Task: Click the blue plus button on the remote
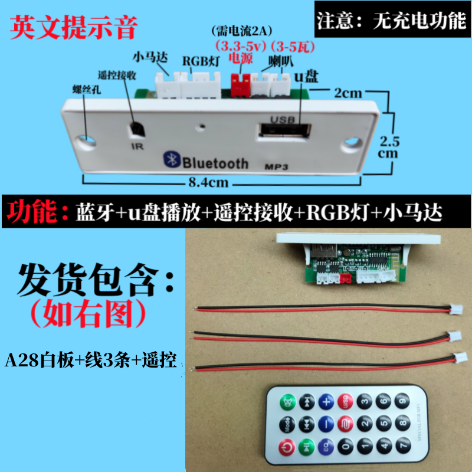(326, 402)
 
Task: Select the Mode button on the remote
(287, 425)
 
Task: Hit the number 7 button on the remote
(403, 444)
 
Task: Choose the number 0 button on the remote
(346, 446)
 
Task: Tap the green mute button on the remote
(288, 402)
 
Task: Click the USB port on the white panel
(284, 130)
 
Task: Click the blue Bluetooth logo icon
(172, 159)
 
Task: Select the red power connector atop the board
(241, 85)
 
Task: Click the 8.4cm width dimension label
(208, 182)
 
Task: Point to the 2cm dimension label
(348, 93)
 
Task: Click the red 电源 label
(241, 58)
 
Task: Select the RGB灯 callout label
(201, 61)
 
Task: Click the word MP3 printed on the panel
(276, 166)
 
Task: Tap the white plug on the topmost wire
(455, 309)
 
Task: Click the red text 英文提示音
(74, 27)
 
